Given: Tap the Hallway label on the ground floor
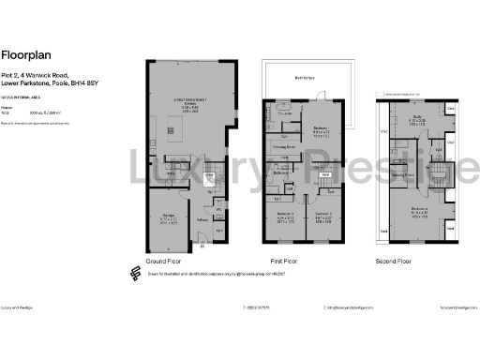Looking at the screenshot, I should (x=201, y=221).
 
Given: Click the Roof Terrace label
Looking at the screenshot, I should (x=303, y=78).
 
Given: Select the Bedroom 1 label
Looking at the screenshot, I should (x=321, y=127).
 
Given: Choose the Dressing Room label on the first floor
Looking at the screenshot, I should (x=285, y=147).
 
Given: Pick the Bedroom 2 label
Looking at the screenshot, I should (x=325, y=215).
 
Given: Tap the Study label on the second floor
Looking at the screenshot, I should (x=417, y=118).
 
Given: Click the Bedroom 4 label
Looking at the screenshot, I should (x=420, y=209).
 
